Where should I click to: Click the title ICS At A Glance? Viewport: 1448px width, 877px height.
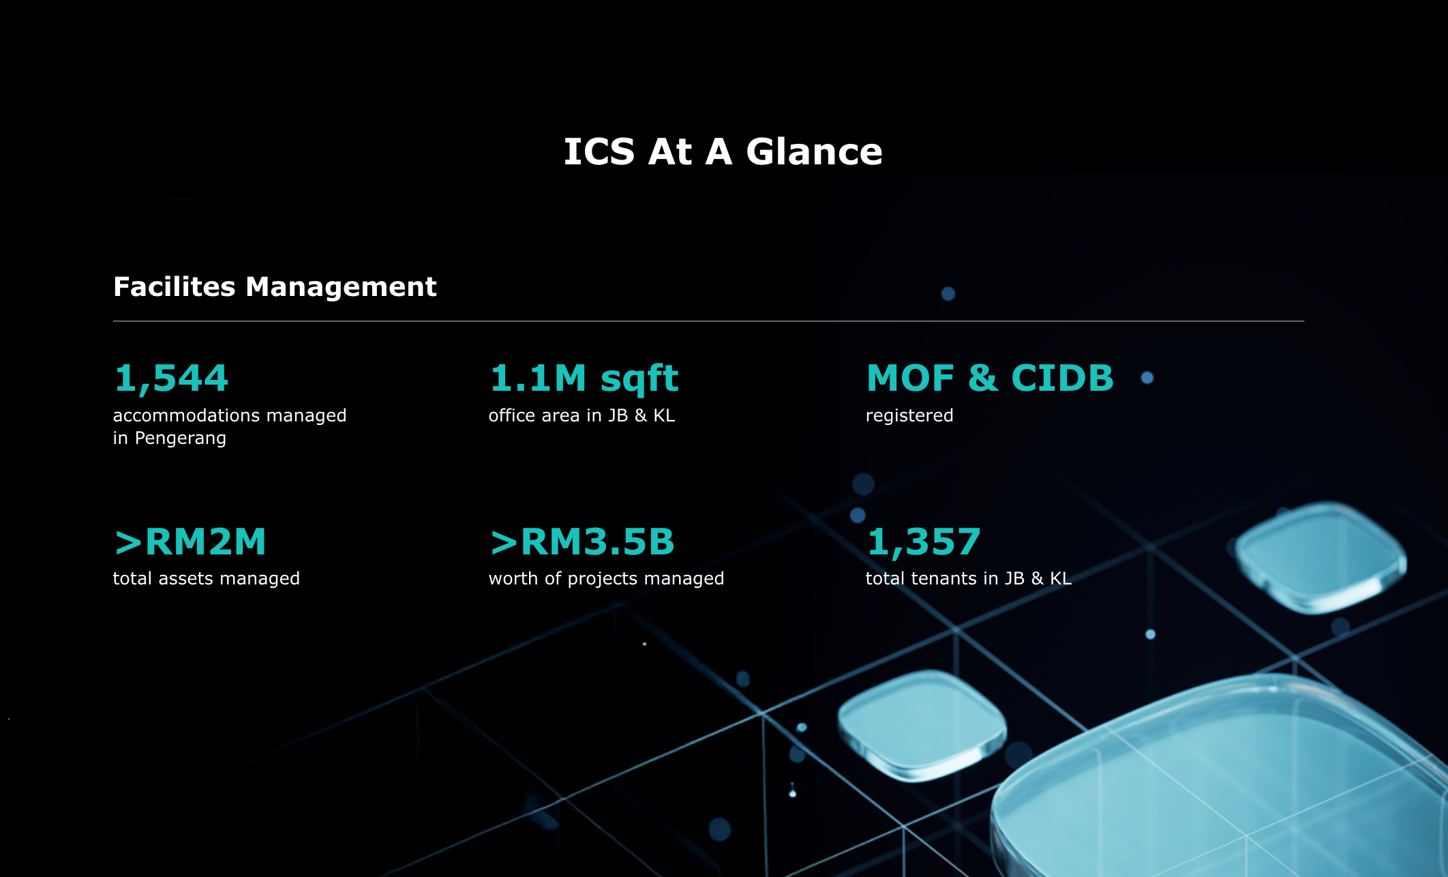(723, 151)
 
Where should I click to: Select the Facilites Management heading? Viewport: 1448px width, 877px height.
(275, 287)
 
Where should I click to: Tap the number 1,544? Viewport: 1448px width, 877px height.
(171, 378)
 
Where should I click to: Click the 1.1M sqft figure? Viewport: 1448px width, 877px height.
(584, 379)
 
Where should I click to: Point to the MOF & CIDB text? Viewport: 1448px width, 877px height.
(990, 378)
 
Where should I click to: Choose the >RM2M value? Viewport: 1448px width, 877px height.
(190, 542)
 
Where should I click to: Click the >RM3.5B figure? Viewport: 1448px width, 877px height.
(582, 542)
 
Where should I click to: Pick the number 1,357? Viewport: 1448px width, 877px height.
(924, 542)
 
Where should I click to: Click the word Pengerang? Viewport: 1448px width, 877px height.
(181, 438)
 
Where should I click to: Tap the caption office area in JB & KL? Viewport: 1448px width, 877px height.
(582, 415)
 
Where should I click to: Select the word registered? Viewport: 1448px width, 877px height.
(909, 416)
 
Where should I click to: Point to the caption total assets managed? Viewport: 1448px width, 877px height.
(207, 579)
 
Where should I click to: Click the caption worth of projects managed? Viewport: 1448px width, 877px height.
(606, 579)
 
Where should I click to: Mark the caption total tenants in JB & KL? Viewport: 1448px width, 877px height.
(969, 579)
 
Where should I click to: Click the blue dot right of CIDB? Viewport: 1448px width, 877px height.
(1147, 378)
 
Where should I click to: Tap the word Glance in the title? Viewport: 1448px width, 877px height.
(814, 151)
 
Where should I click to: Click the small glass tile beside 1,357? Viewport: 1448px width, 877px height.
(1321, 557)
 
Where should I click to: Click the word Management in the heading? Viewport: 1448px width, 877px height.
(341, 287)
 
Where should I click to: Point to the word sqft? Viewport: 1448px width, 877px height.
(639, 381)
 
